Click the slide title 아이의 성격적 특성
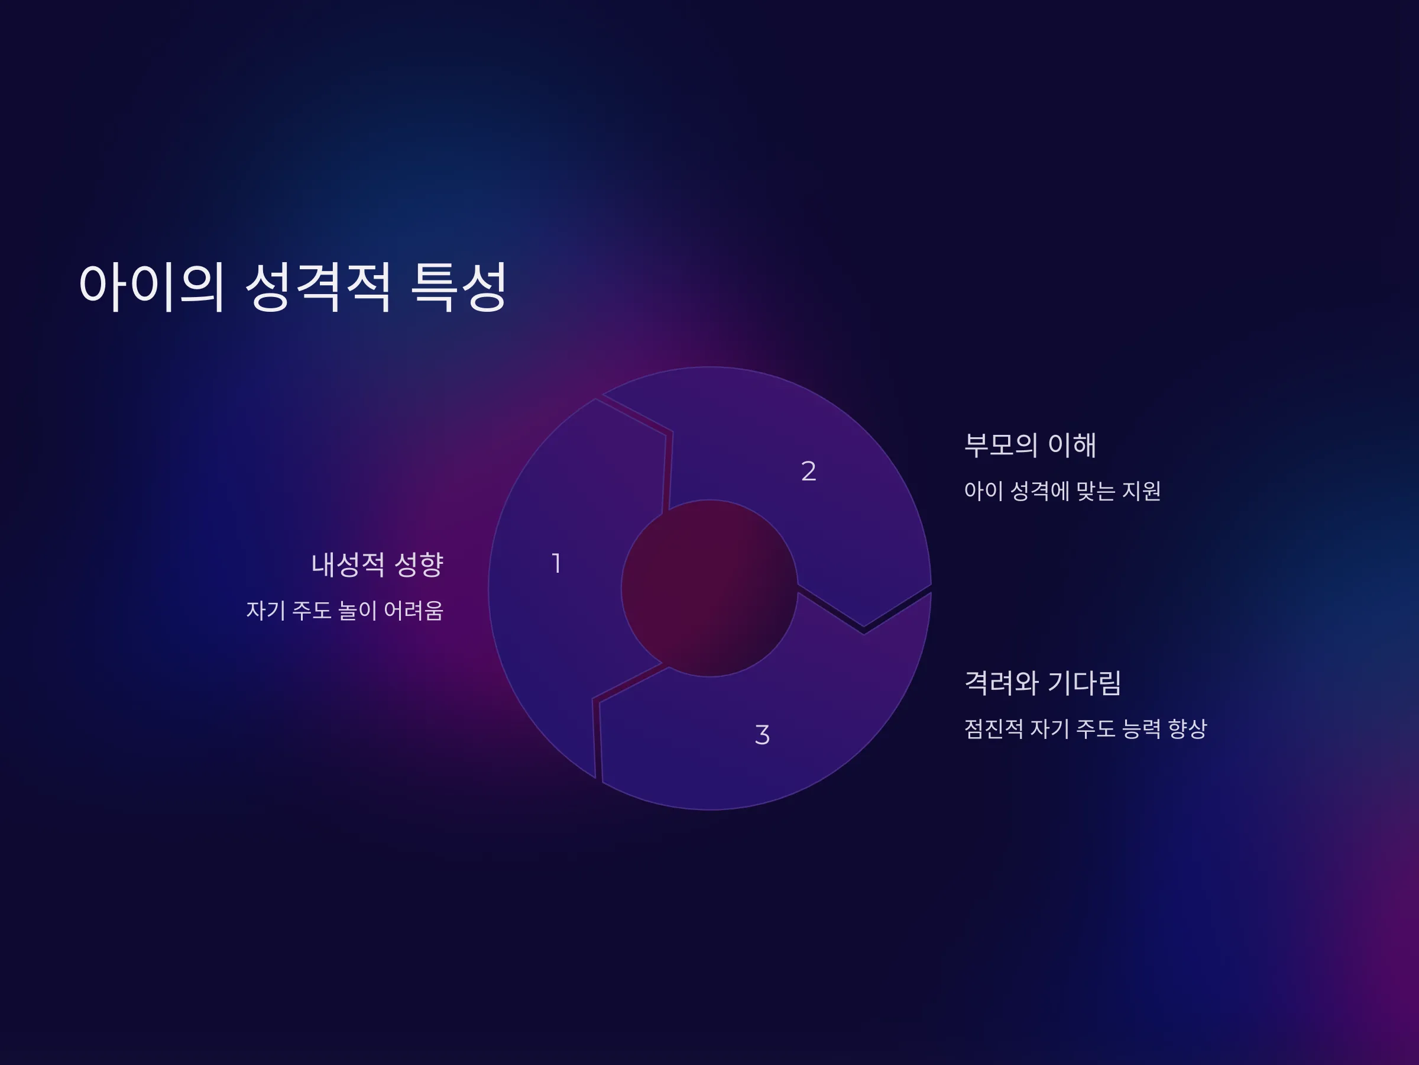tap(293, 286)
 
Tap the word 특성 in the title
tap(459, 286)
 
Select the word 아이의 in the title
tap(152, 286)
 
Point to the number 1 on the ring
tap(557, 564)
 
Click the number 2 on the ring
tap(808, 471)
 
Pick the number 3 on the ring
tap(762, 735)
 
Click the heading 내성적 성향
tap(377, 564)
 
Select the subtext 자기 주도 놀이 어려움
tap(345, 610)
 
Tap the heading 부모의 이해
tap(1030, 445)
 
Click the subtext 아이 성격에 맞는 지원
tap(1062, 490)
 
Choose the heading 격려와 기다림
tap(1043, 682)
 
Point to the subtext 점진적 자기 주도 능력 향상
tap(1086, 728)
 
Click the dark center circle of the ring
tap(710, 588)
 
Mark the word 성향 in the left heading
tap(419, 564)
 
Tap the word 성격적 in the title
tap(318, 286)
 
